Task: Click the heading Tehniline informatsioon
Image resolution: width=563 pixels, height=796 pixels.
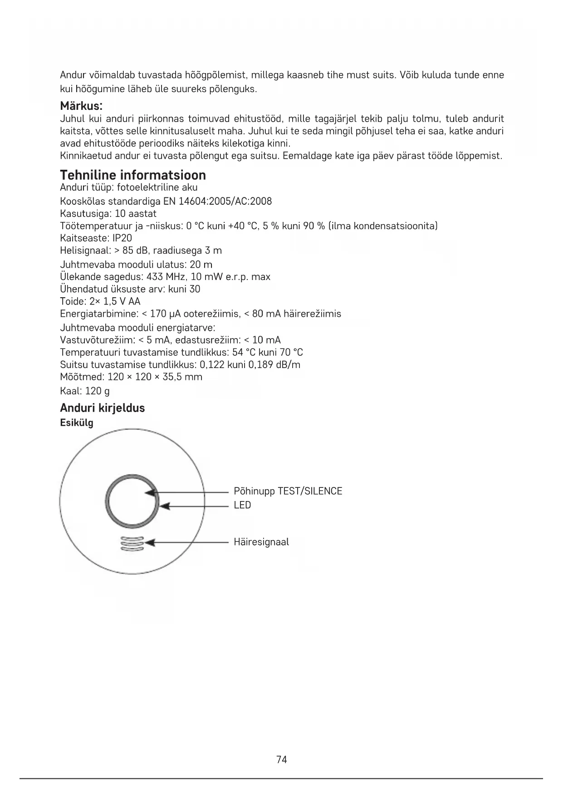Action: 133,175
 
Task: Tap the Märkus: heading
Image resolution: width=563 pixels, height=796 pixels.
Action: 81,106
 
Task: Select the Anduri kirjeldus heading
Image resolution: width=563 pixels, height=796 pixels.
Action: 103,408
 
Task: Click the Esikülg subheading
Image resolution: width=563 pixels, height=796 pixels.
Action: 77,423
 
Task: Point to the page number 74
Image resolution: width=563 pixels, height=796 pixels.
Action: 281,760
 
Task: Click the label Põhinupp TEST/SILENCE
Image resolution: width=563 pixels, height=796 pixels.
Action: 288,491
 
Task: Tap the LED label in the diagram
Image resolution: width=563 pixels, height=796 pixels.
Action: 242,505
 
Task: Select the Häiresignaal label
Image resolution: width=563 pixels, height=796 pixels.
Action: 261,542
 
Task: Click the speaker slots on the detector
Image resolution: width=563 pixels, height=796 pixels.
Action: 132,543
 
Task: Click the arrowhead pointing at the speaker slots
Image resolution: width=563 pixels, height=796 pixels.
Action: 150,542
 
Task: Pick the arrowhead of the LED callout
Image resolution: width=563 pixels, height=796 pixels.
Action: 165,506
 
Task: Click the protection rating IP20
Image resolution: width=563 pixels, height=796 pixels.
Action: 122,238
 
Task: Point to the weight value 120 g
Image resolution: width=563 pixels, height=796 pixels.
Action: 97,391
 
